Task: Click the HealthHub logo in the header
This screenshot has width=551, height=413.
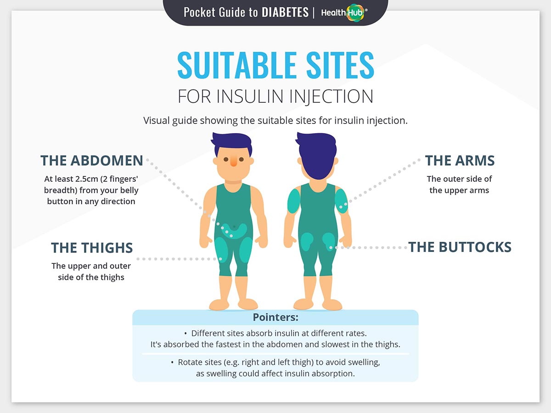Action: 344,12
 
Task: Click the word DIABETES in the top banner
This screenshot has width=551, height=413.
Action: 285,12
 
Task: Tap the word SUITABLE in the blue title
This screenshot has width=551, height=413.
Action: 237,65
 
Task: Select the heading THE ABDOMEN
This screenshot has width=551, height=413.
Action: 92,161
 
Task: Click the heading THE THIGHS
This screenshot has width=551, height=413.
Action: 92,248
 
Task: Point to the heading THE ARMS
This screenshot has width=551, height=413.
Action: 460,161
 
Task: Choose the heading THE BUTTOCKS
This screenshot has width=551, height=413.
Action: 460,247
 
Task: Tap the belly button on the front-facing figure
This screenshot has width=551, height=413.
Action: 234,227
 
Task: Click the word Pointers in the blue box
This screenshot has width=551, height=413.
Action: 275,317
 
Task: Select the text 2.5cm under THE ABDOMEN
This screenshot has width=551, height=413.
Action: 87,179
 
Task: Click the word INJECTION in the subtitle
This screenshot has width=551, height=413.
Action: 332,96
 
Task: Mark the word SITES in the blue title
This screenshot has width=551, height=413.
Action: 340,65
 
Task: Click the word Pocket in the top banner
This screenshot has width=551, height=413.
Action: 200,12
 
